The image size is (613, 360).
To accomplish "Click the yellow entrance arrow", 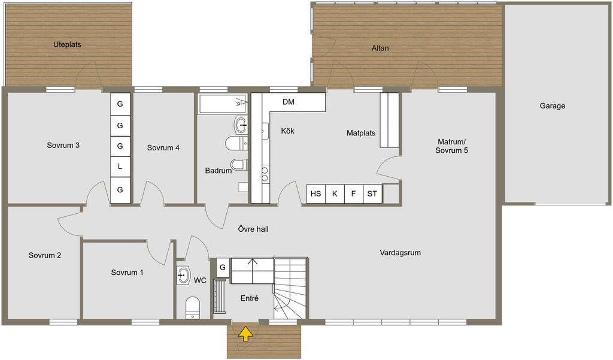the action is coord(245,334).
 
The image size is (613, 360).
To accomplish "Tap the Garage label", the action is coord(553,105).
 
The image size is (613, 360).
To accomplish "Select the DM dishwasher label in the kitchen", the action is coord(289,102).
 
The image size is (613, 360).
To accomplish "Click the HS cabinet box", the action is coord(316,193).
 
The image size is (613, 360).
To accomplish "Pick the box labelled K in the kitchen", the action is coord(335,193).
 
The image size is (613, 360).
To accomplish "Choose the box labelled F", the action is coord(353,193).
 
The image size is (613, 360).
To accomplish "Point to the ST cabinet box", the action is coord(372,193).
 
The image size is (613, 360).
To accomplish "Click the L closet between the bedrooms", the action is coord(120,167).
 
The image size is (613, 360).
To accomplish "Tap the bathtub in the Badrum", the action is coord(223,103).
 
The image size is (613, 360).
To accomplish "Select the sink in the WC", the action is coord(183,275).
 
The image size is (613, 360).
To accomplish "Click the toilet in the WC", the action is coord(192,308).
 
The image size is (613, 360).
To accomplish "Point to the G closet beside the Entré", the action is coord(223,267).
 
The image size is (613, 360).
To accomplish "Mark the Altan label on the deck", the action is coord(380,48).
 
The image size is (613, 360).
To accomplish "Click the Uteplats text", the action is coord(67,44).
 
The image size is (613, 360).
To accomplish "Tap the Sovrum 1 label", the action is coord(127,273).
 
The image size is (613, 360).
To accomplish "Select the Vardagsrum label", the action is coord(400,253).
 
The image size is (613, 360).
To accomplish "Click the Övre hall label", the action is coord(253,229).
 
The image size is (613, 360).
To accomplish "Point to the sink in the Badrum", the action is coord(241,125).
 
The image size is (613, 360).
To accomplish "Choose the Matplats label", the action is coord(361,133).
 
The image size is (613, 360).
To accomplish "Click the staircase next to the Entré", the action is coord(290,288).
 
